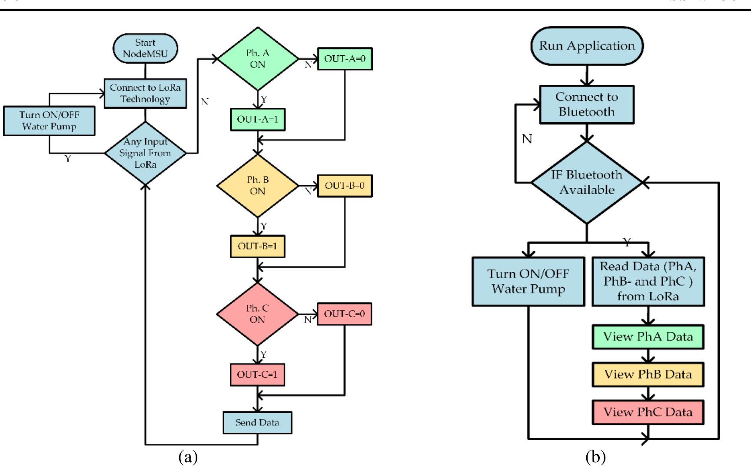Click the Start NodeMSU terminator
tap(145, 48)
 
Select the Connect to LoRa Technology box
tap(145, 94)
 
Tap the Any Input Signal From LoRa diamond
tap(145, 153)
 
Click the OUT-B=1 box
tap(257, 246)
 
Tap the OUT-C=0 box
tap(345, 314)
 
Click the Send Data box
tap(257, 422)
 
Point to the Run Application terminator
tap(587, 46)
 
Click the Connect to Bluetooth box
tap(587, 104)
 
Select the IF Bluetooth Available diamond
tap(587, 183)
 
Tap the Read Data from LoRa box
tap(648, 281)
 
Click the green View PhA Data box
tap(648, 337)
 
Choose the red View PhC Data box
tap(648, 412)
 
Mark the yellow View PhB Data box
tap(648, 374)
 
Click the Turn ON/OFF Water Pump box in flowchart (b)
tap(528, 281)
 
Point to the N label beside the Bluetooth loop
tap(527, 139)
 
